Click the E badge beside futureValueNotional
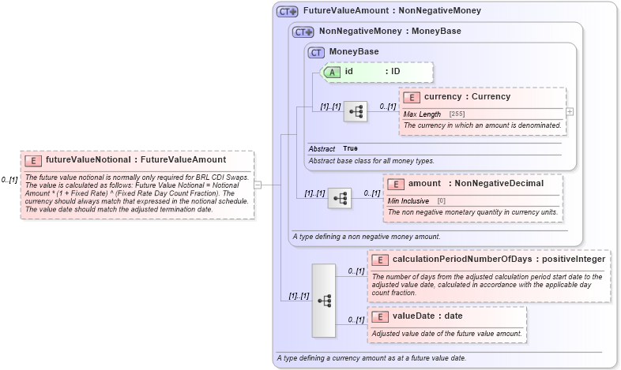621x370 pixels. (33, 160)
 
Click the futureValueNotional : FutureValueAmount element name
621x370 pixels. (136, 160)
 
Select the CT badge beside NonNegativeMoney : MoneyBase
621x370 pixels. (303, 32)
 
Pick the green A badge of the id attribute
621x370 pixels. (333, 72)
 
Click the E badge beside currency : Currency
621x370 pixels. (411, 97)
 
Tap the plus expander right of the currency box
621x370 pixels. (570, 111)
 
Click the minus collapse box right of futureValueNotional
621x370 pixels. (258, 185)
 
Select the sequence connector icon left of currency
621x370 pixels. (356, 112)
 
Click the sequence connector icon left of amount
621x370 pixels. (340, 198)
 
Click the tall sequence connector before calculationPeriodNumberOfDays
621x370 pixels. (324, 300)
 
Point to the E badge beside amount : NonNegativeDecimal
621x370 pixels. (395, 184)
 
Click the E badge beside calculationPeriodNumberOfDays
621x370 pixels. (379, 260)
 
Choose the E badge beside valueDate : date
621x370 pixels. (379, 316)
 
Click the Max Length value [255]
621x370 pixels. (457, 114)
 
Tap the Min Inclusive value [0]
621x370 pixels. (442, 201)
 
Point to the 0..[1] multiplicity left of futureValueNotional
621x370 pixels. (9, 180)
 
